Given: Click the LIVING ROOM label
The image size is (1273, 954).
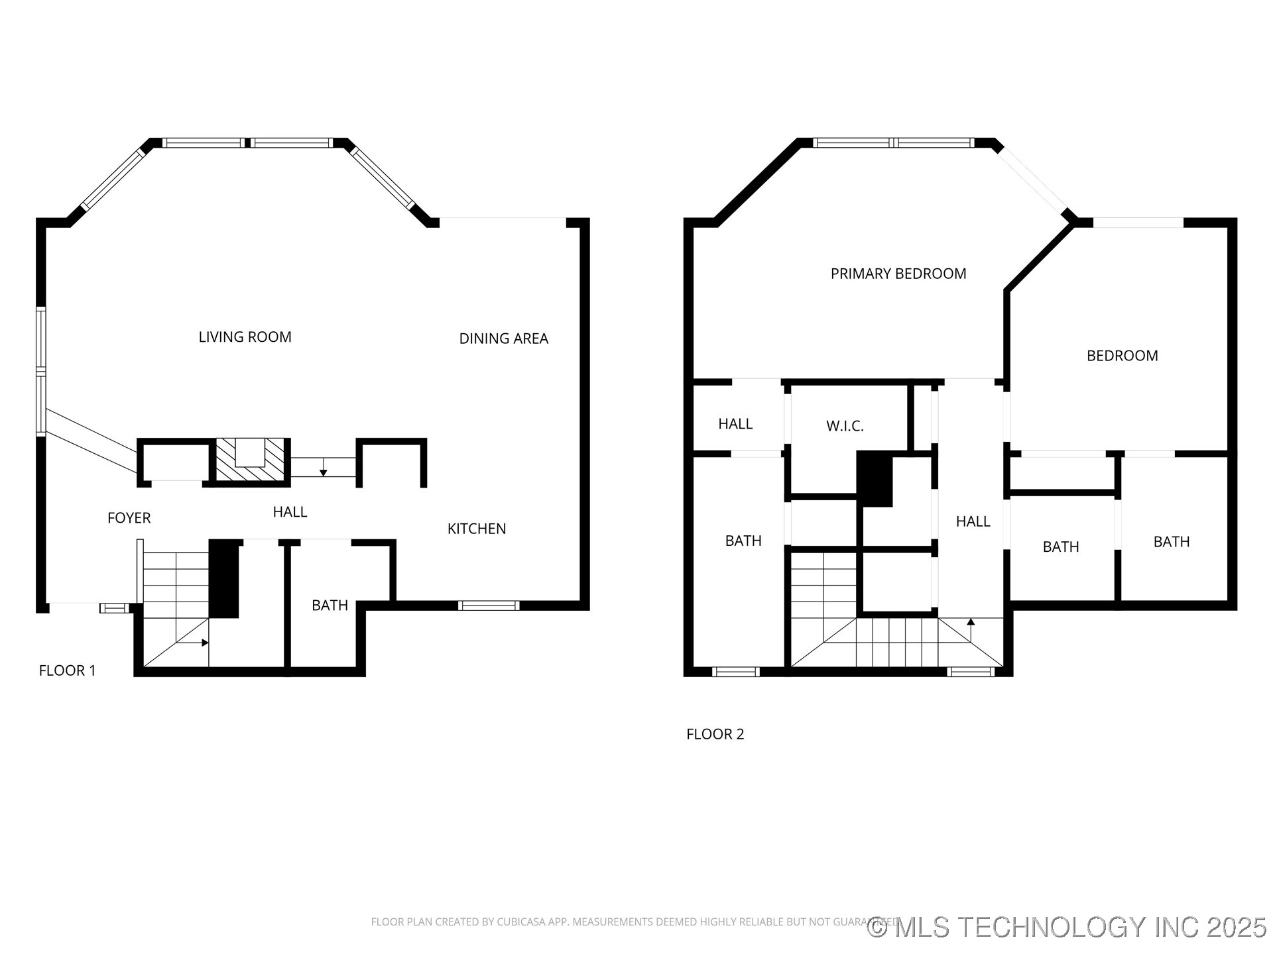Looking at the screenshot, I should click(245, 337).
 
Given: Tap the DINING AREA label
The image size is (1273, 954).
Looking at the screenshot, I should click(503, 339).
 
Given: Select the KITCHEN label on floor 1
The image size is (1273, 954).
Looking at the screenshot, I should click(477, 529).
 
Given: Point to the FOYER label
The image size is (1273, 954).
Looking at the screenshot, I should click(129, 518).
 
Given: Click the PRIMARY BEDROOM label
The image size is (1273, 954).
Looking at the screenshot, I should click(898, 274).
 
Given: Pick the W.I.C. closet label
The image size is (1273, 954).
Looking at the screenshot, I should click(845, 427).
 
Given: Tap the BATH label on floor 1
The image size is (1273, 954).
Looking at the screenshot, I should click(330, 606).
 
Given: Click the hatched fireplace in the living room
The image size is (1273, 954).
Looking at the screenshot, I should click(250, 460).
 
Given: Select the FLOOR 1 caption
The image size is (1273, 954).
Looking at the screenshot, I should click(67, 670).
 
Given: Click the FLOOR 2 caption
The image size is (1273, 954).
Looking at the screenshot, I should click(715, 734).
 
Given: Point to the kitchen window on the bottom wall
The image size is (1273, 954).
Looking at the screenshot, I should click(489, 605).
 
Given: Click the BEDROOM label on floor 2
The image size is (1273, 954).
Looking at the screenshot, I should click(1122, 356).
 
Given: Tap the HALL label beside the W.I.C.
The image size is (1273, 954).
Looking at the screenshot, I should click(735, 424).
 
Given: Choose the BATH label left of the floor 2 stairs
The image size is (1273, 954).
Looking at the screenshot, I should click(743, 541).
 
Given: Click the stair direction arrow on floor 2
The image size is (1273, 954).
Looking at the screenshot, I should click(971, 623).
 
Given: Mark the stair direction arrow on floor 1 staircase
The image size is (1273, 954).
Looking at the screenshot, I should click(204, 643).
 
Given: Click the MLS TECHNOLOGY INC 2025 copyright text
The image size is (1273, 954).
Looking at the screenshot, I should click(1067, 927).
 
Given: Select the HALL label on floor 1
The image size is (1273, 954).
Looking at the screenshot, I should click(290, 512).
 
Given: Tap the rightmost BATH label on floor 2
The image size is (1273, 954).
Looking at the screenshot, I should click(1171, 542).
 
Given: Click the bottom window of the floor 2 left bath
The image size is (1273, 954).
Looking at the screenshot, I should click(735, 672).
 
